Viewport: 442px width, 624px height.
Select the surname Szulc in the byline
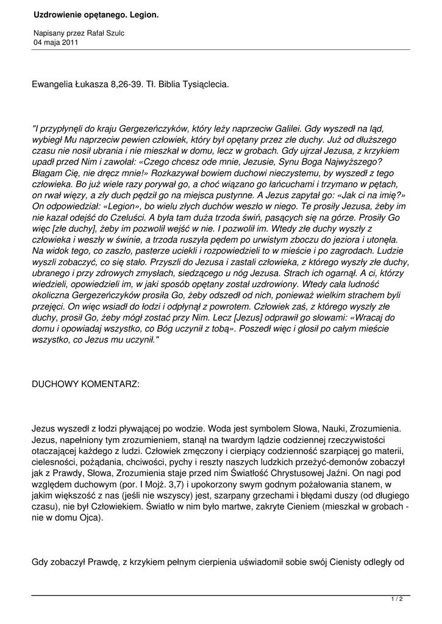pos(113,33)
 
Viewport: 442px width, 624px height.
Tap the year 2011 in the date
pos(69,42)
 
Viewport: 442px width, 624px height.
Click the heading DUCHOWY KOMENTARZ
pos(85,385)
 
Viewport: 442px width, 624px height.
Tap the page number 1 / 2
pos(397,599)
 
